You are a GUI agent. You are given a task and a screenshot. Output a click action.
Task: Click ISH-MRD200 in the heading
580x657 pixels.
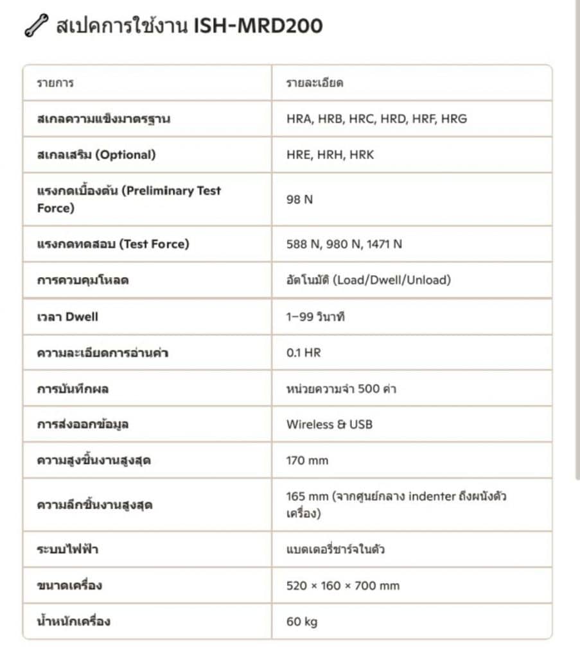[x=258, y=26]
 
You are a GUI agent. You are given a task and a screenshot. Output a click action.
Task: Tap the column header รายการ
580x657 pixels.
[x=55, y=83]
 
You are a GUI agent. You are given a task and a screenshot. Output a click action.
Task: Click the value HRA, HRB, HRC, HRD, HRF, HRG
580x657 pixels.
[x=376, y=119]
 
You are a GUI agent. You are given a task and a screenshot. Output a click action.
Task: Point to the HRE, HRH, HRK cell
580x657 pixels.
[x=330, y=155]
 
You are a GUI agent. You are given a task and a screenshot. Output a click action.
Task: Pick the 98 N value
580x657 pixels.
[x=299, y=199]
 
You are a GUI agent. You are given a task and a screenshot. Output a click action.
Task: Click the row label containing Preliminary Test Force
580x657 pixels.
[x=128, y=199]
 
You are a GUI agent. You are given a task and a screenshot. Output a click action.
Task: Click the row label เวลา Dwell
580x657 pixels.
[x=67, y=316]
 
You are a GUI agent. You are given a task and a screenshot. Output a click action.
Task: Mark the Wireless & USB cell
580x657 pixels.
[x=329, y=424]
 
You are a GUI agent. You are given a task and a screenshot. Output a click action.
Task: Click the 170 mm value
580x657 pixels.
[x=307, y=460]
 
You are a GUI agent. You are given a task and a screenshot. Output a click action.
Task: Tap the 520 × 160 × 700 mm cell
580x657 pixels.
[x=342, y=585]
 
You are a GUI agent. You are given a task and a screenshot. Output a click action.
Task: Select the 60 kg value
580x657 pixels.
[x=302, y=621]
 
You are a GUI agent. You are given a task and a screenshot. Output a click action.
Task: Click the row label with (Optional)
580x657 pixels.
[x=96, y=155]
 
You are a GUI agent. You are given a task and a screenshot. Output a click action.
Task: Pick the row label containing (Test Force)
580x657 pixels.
[x=113, y=244]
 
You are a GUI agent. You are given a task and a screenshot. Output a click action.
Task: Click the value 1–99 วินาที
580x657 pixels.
[x=315, y=316]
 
